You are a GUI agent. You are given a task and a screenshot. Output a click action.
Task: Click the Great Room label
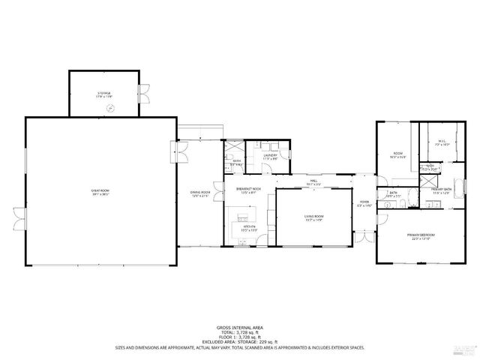100,193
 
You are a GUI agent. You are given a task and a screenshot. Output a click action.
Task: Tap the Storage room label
103,94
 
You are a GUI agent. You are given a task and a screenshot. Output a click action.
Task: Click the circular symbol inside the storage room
110,109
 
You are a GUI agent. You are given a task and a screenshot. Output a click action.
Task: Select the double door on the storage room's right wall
144,94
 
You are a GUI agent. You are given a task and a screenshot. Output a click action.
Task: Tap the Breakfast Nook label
247,190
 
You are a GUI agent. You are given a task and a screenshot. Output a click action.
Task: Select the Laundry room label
270,157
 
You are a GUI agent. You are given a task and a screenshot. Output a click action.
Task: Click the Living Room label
313,218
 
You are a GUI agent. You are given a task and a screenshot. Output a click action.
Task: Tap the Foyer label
364,202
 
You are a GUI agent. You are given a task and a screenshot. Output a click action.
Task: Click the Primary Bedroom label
421,237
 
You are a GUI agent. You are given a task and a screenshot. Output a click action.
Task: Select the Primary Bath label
441,190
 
